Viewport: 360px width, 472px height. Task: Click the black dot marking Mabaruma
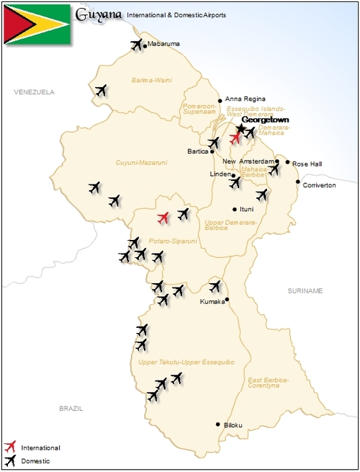point(145,46)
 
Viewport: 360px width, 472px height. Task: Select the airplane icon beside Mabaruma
point(136,45)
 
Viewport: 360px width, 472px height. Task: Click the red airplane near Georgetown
point(235,138)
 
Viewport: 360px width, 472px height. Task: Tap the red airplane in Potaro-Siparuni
point(163,217)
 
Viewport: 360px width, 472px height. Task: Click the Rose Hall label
point(307,164)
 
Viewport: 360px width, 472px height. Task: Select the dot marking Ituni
point(234,209)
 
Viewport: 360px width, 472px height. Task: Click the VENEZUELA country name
point(34,92)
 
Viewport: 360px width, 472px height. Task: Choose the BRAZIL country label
point(71,408)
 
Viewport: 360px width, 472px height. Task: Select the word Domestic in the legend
point(36,461)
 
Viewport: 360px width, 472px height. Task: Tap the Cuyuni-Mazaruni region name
point(141,163)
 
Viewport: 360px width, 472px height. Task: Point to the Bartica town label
point(197,152)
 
